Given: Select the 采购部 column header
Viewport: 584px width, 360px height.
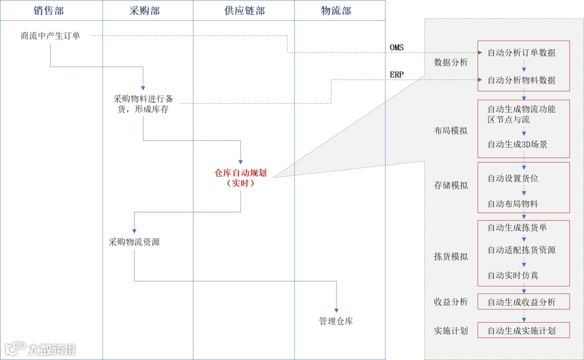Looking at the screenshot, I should coord(144,10).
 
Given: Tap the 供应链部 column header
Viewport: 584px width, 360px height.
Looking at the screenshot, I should coord(244,10).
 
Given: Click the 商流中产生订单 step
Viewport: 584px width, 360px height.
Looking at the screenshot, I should coord(50,36).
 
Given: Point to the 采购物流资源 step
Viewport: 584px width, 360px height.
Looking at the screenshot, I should coord(134,242).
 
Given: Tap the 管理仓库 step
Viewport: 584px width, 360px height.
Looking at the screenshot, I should coord(336,321).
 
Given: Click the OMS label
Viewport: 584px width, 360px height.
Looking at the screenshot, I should coord(396,48).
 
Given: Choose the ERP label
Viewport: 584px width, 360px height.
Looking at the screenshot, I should coord(396,75).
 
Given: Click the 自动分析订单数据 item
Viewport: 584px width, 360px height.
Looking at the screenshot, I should coord(521,53).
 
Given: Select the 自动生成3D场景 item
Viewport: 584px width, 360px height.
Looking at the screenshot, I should coord(517,144).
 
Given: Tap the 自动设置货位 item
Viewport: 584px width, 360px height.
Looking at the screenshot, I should coord(513,178).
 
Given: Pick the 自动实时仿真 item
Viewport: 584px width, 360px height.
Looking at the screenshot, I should coord(513,275).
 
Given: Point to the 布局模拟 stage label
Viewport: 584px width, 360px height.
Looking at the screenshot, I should coord(450,130).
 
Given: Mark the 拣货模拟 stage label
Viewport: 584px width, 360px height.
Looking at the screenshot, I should coord(450,257).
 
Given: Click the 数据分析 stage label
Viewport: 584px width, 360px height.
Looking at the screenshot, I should coord(450,62).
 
